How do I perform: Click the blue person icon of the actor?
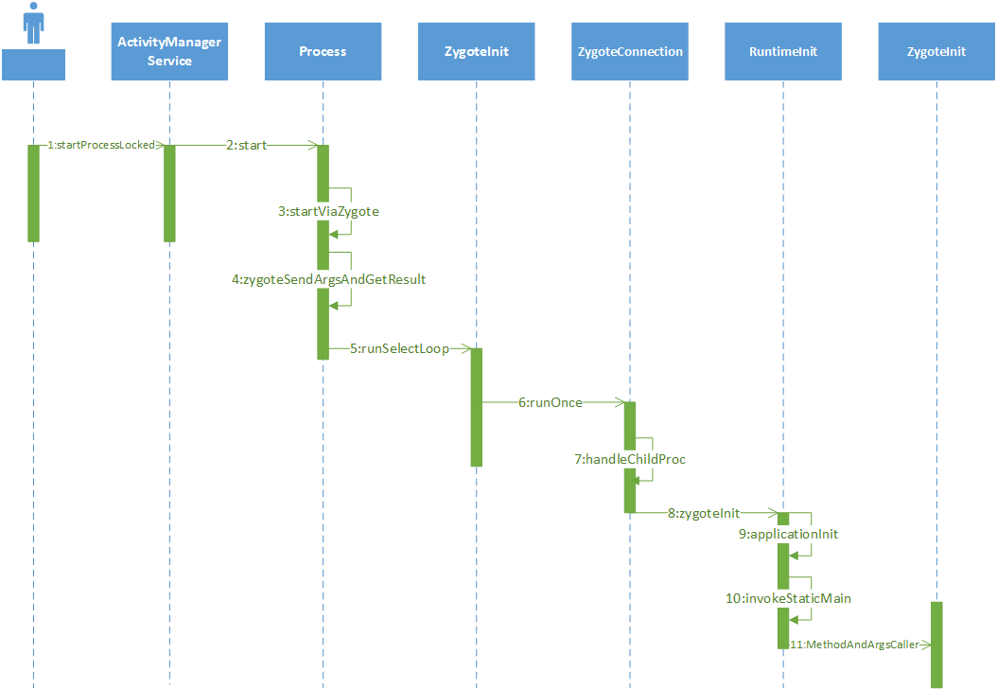pyautogui.click(x=34, y=23)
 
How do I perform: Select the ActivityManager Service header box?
pyautogui.click(x=169, y=51)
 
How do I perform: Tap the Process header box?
pyautogui.click(x=323, y=51)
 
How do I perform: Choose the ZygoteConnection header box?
pyautogui.click(x=629, y=51)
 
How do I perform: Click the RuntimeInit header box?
pyautogui.click(x=783, y=51)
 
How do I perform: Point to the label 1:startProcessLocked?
pyautogui.click(x=101, y=145)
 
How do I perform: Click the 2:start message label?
pyautogui.click(x=247, y=145)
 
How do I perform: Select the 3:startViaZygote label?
pyautogui.click(x=328, y=211)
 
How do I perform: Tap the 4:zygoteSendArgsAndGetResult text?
pyautogui.click(x=328, y=279)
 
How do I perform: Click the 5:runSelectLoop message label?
pyautogui.click(x=399, y=348)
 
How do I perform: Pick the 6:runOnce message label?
pyautogui.click(x=550, y=403)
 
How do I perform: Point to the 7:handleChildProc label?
pyautogui.click(x=630, y=459)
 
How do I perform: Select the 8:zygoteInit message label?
pyautogui.click(x=704, y=513)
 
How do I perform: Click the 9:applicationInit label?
pyautogui.click(x=789, y=535)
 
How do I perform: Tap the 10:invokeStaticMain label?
pyautogui.click(x=789, y=599)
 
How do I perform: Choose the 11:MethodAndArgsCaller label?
pyautogui.click(x=854, y=645)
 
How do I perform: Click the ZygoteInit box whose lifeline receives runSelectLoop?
pyautogui.click(x=476, y=51)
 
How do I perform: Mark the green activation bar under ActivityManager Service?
pyautogui.click(x=169, y=193)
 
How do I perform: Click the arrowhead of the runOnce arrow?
pyautogui.click(x=621, y=402)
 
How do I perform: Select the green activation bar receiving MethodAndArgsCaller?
pyautogui.click(x=936, y=645)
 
